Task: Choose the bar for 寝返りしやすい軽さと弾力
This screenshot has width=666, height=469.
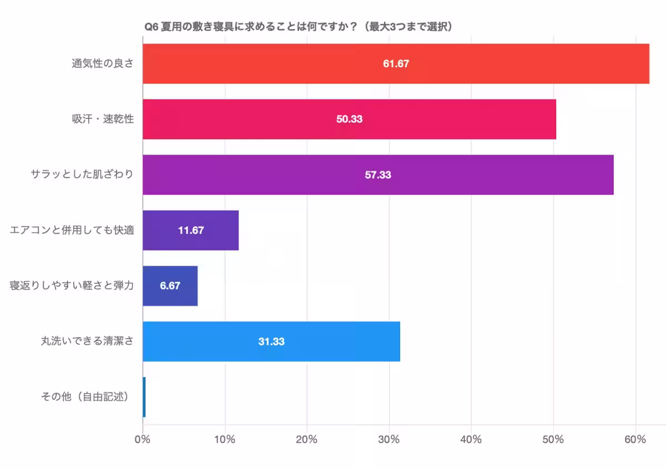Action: (189, 286)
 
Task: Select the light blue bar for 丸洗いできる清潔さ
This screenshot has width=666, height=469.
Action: (333, 341)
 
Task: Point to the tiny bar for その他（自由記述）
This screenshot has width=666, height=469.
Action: (144, 397)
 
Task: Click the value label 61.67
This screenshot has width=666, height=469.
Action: (396, 64)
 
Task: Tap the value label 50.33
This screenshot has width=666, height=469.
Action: (349, 119)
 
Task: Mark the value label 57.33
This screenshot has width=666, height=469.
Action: (378, 175)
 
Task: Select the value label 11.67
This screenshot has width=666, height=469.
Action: (190, 230)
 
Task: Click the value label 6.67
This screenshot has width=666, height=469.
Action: (170, 286)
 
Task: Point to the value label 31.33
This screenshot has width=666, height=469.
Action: (271, 341)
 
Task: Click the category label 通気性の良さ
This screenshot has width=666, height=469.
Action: (102, 64)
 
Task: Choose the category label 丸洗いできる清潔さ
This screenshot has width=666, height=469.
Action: (87, 341)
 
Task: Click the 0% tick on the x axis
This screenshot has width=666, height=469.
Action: (143, 440)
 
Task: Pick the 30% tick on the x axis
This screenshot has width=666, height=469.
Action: (389, 440)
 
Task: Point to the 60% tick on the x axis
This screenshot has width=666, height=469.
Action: (635, 440)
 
